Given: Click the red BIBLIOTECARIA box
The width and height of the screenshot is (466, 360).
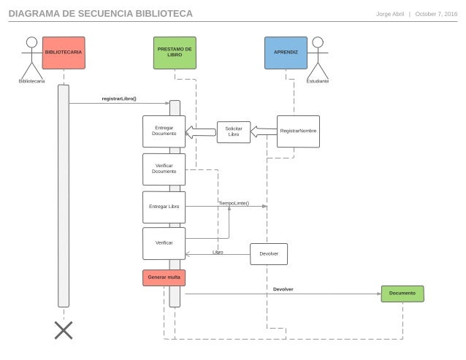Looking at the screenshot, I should [64, 53].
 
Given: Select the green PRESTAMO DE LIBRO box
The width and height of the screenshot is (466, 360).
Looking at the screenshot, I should [175, 53].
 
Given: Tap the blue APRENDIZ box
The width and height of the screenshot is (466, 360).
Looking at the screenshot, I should [286, 53].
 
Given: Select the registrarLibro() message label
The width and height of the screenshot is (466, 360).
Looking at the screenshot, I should [119, 99].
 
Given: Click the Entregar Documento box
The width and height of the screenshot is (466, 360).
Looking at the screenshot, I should [164, 131].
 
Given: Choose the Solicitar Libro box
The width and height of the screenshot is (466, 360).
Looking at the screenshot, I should [234, 131].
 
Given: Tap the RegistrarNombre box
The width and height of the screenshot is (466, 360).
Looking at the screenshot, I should [298, 131].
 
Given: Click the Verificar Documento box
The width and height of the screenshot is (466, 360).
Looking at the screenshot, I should [164, 169].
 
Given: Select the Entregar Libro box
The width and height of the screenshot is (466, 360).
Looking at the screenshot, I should [164, 207].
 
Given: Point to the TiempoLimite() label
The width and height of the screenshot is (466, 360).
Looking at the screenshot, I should [234, 203].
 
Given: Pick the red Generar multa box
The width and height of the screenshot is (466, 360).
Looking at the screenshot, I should [164, 277].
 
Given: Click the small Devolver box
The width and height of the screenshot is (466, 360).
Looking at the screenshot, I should [269, 253].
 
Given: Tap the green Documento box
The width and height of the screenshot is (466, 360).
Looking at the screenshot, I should [402, 294].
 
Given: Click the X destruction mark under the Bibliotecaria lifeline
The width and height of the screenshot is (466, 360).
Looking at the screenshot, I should [64, 331].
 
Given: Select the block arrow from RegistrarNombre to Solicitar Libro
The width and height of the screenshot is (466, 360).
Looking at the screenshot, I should [264, 131].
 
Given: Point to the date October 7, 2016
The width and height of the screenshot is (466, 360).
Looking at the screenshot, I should [436, 14].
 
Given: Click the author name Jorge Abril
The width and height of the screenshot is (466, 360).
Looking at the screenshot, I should [389, 14].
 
